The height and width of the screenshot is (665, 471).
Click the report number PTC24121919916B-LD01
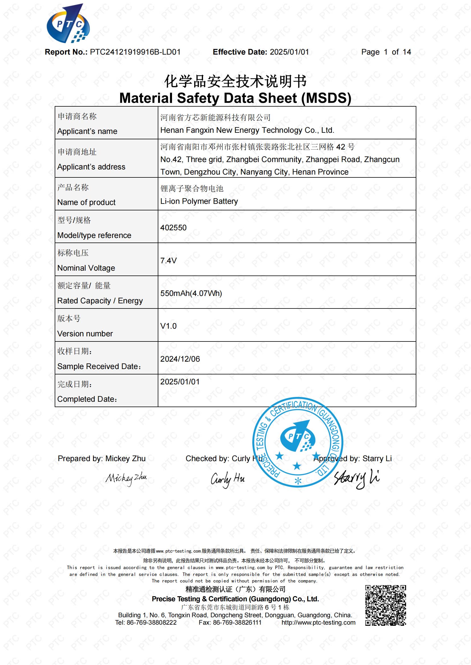click(135, 52)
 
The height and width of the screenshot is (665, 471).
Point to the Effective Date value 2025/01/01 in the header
click(289, 52)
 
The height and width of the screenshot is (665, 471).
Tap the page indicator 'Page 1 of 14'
click(386, 52)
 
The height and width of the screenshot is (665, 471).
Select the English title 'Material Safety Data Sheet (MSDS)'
click(235, 98)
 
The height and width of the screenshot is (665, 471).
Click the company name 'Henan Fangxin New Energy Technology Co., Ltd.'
click(247, 130)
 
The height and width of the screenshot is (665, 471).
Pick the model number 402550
click(173, 228)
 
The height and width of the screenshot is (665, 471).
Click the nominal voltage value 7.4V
click(169, 261)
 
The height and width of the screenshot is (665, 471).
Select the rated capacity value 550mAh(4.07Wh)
click(191, 293)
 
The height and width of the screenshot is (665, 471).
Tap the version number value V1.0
click(169, 326)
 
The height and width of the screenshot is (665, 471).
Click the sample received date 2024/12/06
click(180, 359)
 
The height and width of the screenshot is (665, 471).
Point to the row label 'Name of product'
click(87, 202)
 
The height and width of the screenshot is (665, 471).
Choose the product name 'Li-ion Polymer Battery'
click(199, 201)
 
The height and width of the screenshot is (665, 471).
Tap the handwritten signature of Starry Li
click(357, 478)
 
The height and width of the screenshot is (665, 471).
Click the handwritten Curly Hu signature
click(228, 479)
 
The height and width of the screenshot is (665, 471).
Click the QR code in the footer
click(386, 605)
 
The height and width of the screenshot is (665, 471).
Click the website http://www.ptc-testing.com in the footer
click(318, 623)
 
